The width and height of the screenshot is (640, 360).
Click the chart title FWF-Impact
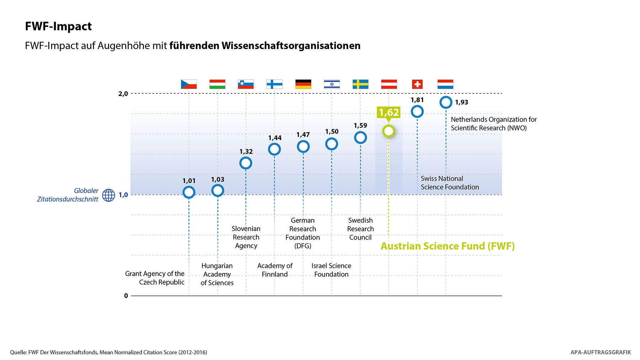coord(58,26)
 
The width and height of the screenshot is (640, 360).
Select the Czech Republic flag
coord(189,84)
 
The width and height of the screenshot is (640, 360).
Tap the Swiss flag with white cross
coord(417,84)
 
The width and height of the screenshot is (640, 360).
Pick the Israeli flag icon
coord(332,84)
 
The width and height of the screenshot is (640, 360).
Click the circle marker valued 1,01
coord(189,192)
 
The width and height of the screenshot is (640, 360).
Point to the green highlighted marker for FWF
coord(389,131)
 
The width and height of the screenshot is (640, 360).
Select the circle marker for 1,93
coord(446,102)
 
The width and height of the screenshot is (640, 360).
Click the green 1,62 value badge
coord(389,113)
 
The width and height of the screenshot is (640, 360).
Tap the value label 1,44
coord(275,138)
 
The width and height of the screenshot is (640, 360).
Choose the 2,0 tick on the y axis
coord(123,94)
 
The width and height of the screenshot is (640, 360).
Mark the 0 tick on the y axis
coord(126,296)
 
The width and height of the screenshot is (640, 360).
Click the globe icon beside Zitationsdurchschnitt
coord(108,195)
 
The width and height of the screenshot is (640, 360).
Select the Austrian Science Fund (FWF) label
coord(448,246)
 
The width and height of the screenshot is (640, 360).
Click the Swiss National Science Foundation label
coord(450,183)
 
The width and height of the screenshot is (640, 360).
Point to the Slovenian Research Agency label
coord(246,237)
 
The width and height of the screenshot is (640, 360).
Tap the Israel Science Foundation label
coord(331,270)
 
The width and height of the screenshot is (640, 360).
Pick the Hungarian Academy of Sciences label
coord(217,274)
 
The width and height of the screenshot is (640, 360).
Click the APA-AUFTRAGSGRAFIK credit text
coord(601,352)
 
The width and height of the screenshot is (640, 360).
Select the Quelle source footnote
coord(108,352)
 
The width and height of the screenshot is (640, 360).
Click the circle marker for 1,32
coord(246,163)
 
